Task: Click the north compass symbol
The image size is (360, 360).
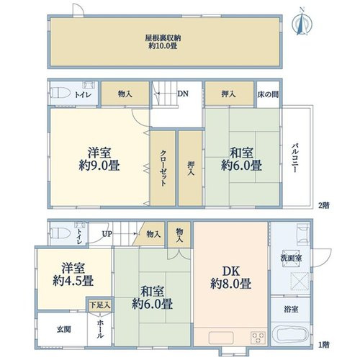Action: coord(302,24)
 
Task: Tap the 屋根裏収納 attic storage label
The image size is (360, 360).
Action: coord(163,38)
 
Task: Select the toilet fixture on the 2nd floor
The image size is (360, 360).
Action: coord(60,93)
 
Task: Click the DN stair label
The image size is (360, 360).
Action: coord(183,94)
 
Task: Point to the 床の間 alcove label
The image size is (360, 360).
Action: coord(268,94)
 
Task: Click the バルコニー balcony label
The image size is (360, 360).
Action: coord(295,158)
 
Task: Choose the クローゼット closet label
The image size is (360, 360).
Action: coord(163,168)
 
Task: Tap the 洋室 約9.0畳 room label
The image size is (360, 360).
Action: coord(99,159)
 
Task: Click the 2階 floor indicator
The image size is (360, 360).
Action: coord(324,205)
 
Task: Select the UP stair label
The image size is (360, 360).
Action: coord(107,234)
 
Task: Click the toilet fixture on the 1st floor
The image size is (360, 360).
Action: coord(60,233)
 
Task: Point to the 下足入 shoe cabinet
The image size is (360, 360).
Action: coord(100,305)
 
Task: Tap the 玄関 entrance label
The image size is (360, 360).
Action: coord(64,329)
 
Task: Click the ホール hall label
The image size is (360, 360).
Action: coord(100,329)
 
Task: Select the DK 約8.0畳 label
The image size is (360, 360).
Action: coord(231,277)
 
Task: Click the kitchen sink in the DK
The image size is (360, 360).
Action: coord(221,338)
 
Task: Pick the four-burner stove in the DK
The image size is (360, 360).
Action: coord(258,338)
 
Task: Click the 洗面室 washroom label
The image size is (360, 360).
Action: coord(291,258)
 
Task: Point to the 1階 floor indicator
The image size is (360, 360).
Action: coord(324,345)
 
